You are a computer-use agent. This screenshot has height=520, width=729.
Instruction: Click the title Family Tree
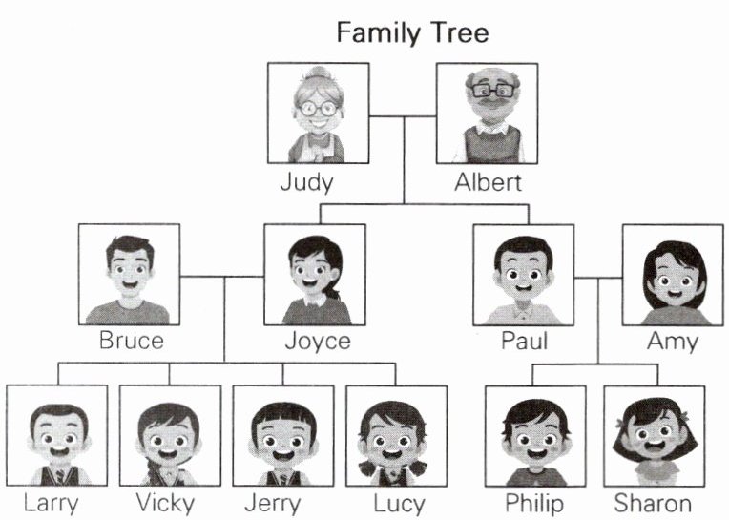tap(411, 33)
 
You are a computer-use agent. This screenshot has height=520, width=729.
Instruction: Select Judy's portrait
tap(318, 113)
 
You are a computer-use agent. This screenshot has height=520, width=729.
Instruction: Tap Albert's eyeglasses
tap(491, 90)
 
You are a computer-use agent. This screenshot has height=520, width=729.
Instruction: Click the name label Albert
tap(488, 182)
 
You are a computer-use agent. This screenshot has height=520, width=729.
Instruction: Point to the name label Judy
tap(307, 182)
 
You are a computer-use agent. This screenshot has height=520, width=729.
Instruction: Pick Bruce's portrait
tap(129, 275)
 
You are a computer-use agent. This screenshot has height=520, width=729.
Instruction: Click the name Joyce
tap(317, 341)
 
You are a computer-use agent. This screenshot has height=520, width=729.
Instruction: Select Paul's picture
tap(523, 275)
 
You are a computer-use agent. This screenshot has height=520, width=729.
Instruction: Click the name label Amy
tap(672, 341)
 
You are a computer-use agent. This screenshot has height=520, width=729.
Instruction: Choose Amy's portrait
tap(673, 275)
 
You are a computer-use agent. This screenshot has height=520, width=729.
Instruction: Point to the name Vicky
tap(164, 503)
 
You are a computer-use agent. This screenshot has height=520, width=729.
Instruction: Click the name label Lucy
tap(400, 503)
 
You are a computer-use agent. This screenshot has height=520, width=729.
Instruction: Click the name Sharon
tap(653, 503)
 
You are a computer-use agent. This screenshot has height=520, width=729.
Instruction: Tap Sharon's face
tap(654, 439)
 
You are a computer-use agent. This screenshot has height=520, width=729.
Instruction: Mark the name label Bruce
tap(132, 341)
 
